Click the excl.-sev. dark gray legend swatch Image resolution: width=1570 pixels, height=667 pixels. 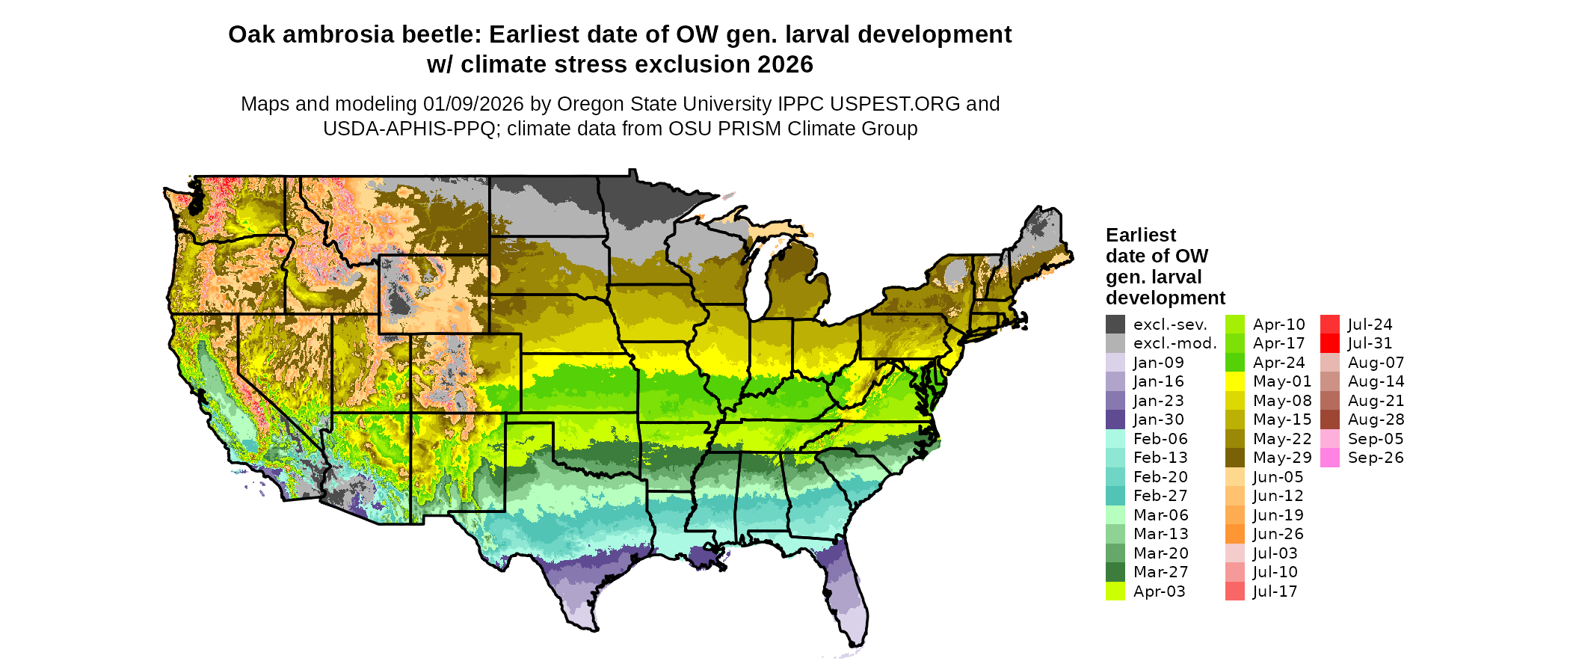1115,325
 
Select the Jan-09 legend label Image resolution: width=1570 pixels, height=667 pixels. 1158,363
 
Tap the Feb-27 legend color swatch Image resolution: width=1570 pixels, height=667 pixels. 1115,496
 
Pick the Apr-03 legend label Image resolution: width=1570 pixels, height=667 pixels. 1159,591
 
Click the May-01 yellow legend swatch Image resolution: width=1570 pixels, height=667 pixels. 1235,381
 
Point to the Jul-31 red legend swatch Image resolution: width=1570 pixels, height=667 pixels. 1330,343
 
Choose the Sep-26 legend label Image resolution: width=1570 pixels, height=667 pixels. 1376,458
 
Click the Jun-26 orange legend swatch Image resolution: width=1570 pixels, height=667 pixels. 1235,534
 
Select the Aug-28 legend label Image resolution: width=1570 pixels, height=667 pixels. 1376,419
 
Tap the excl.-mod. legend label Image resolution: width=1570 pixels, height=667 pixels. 1175,343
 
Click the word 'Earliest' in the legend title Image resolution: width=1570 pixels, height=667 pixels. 1141,235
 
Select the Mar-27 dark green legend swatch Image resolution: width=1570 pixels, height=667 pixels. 1115,572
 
